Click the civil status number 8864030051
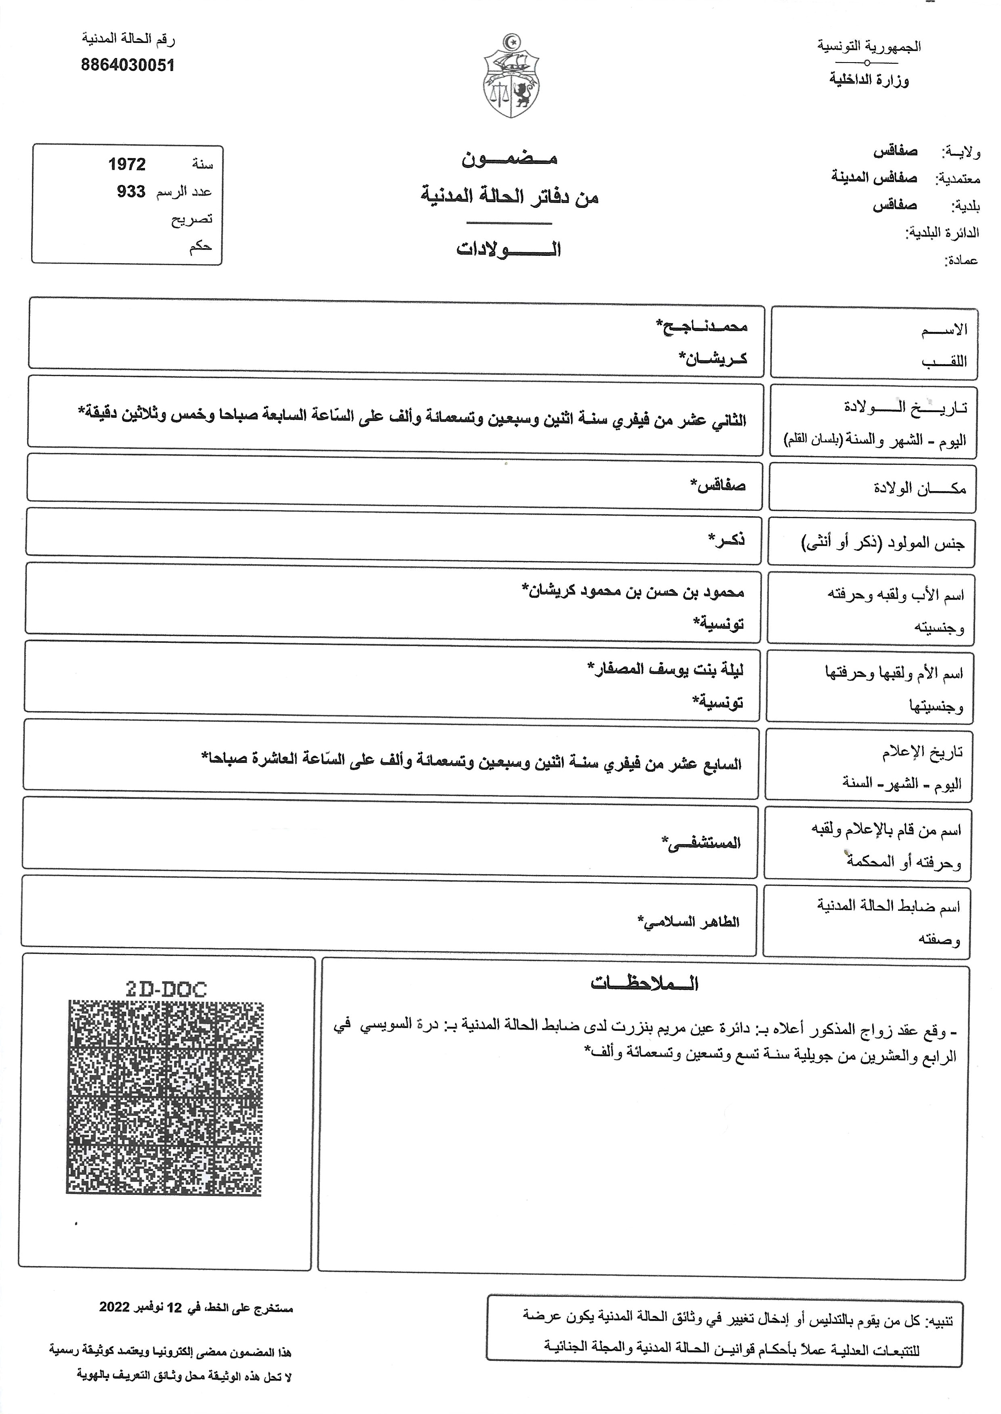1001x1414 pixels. (x=128, y=65)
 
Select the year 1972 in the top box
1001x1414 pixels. (x=127, y=165)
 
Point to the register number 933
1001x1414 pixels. (x=131, y=192)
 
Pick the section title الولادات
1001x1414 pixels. (x=509, y=249)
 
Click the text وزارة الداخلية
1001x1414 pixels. (x=869, y=79)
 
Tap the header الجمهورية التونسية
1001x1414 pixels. (x=869, y=46)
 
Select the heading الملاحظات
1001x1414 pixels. (x=644, y=983)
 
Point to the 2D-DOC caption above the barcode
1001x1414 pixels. (x=166, y=989)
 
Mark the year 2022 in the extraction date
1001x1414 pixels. (x=115, y=1307)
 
